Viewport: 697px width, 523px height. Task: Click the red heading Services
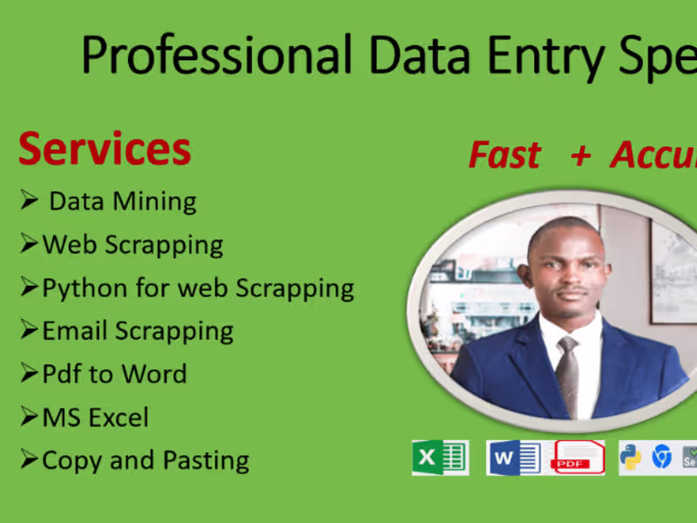(105, 149)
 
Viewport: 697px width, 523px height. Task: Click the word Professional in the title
(217, 56)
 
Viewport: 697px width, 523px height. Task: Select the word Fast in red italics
(504, 155)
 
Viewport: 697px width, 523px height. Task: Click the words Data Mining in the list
(122, 201)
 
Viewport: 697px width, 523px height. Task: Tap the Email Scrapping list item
(138, 331)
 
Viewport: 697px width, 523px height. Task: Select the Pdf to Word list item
(114, 374)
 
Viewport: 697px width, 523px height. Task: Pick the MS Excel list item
(95, 418)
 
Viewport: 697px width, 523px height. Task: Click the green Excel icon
(439, 458)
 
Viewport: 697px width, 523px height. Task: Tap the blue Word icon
(514, 458)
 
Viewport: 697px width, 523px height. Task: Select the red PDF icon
(578, 458)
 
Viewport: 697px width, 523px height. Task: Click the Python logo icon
(631, 457)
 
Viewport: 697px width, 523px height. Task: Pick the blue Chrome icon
(662, 457)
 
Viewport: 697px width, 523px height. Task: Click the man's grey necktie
(567, 374)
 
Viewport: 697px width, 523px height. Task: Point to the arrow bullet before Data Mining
(30, 201)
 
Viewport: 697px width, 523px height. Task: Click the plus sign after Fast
(579, 155)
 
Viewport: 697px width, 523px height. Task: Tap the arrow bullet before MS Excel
(30, 418)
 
